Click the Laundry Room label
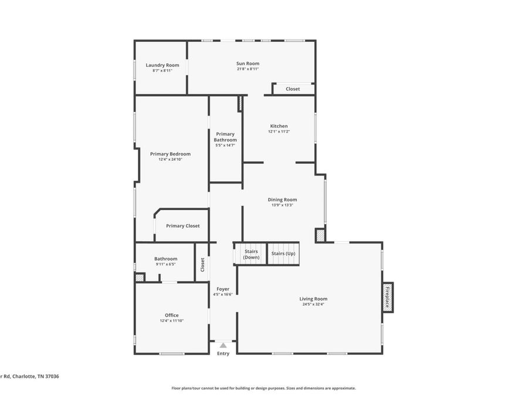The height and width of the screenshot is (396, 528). pos(163,65)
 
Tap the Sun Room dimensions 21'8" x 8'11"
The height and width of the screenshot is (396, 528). pos(248,69)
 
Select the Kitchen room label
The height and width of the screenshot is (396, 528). pos(279,126)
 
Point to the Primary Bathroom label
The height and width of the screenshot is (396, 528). pos(225,137)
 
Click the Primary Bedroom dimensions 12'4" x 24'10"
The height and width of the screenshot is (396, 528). pos(170,159)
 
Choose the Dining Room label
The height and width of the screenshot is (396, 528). pos(282,199)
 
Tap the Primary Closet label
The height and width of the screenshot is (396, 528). pos(182,226)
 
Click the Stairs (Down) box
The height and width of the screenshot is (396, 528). pos(251,254)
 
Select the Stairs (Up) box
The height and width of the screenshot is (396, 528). pos(283,253)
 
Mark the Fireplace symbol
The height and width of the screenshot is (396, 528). pos(387,297)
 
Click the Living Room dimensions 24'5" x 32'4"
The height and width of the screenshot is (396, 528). pos(314,304)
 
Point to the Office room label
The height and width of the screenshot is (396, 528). pos(171,315)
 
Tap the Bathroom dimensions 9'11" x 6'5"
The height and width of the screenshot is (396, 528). pos(165,264)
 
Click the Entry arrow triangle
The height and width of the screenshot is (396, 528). pos(223,346)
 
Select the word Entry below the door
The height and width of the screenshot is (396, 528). pos(223,353)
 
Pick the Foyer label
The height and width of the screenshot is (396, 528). pos(223,289)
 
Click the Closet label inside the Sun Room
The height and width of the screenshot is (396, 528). pos(293,89)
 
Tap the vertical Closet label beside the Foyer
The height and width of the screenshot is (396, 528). pos(202,265)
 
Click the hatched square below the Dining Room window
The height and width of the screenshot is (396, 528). pos(320,236)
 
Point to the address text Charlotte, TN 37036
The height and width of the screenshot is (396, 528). pos(36,377)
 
